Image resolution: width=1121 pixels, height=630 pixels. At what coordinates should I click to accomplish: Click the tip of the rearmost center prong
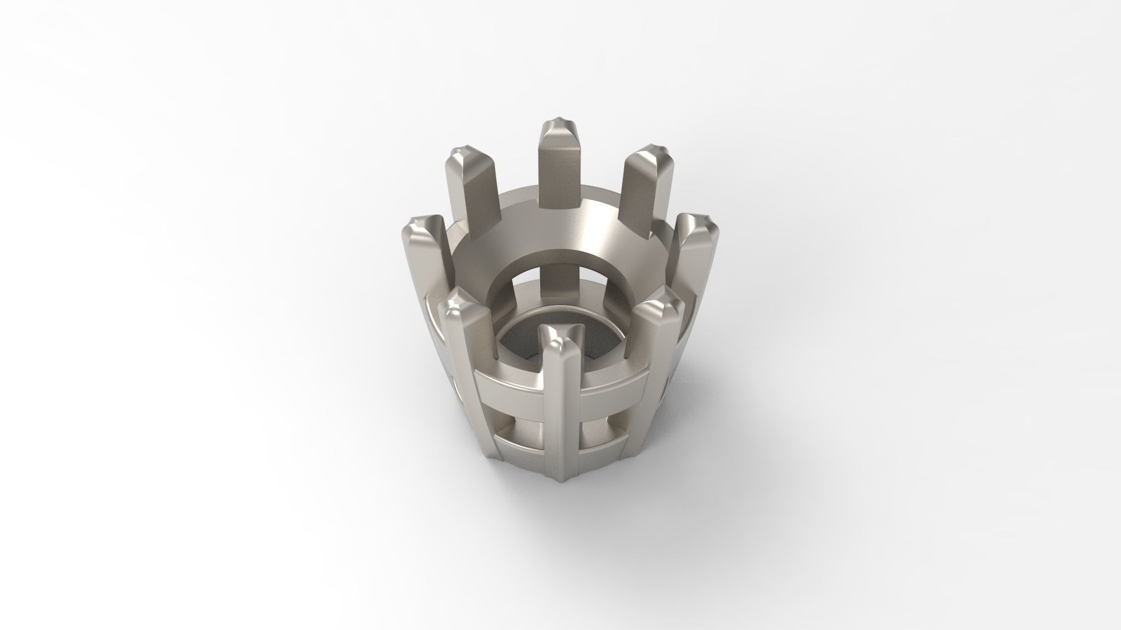click(560, 124)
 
